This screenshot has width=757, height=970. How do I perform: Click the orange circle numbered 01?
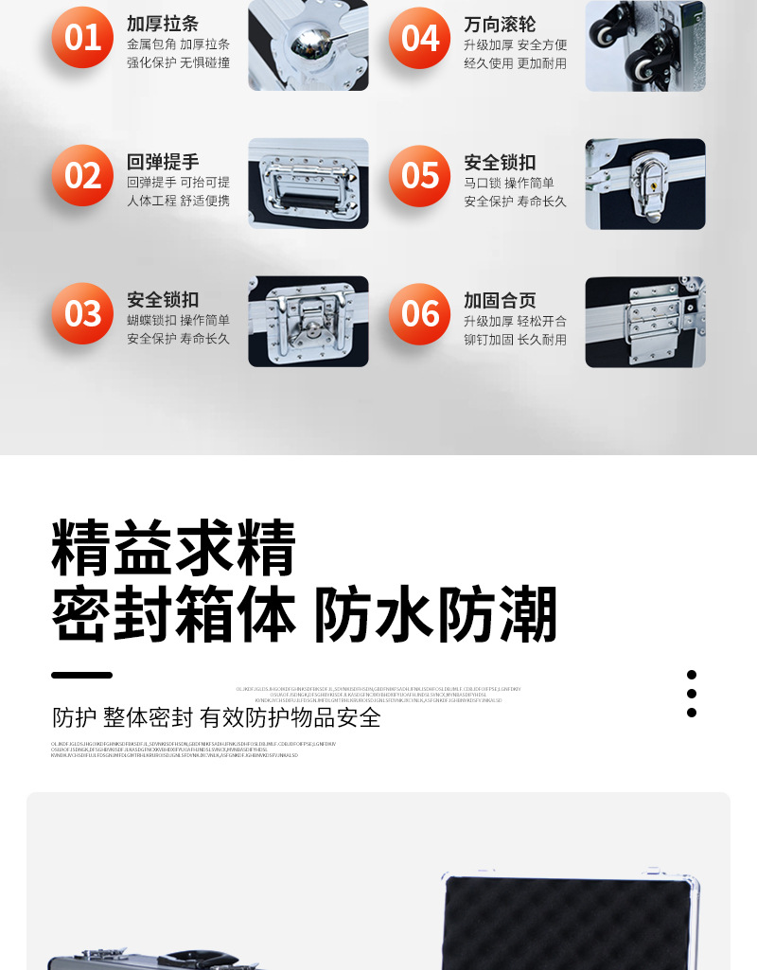pos(82,38)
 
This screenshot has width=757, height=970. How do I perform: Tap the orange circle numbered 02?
pos(82,176)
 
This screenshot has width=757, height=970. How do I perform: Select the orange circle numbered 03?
pos(82,313)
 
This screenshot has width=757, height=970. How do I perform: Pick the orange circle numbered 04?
pos(420,38)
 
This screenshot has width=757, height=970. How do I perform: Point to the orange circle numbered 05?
pos(420,176)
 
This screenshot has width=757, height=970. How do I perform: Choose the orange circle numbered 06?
pos(420,313)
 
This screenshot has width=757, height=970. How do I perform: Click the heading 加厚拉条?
pos(163,25)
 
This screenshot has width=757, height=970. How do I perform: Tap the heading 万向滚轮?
pos(500,25)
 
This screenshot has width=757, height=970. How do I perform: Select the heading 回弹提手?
pos(163,162)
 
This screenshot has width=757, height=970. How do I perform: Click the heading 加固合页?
pos(500,300)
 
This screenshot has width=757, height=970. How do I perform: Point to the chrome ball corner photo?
pos(308,44)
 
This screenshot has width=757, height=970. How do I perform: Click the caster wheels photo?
pos(644,44)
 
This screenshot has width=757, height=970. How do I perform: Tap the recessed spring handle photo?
pos(308,184)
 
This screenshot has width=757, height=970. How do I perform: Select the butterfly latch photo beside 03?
pos(308,322)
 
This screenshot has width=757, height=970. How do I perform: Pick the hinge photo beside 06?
pos(644,322)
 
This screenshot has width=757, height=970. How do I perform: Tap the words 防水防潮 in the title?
pos(435,615)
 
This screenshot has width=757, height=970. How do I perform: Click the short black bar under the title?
pos(81,676)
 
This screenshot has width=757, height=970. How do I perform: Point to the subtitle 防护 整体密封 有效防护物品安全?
pos(217,717)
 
